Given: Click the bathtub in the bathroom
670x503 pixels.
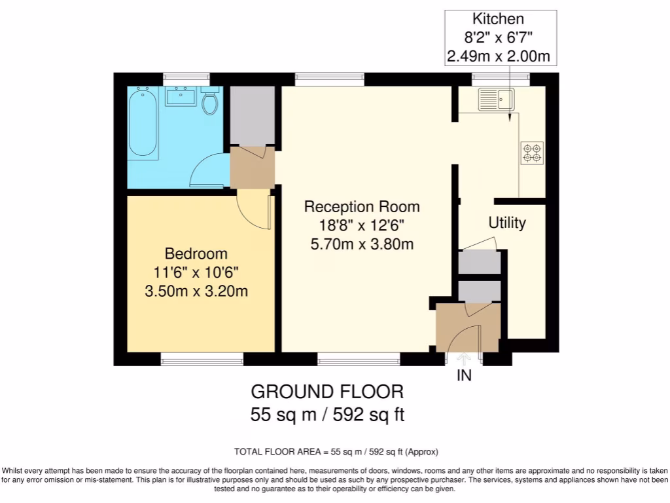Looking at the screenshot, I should pyautogui.click(x=142, y=124).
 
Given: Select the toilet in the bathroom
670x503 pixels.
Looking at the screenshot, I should pyautogui.click(x=209, y=103).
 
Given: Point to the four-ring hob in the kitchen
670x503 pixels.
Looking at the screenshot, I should pyautogui.click(x=531, y=153).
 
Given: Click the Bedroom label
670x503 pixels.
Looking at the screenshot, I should pyautogui.click(x=196, y=253).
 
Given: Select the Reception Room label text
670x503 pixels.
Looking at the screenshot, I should pyautogui.click(x=362, y=207).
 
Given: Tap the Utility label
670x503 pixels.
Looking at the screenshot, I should pyautogui.click(x=507, y=223).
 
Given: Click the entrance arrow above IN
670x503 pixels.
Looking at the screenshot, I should pyautogui.click(x=465, y=359).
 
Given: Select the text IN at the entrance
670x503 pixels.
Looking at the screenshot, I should pyautogui.click(x=465, y=376).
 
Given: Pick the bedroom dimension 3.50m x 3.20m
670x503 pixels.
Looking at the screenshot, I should pyautogui.click(x=196, y=291).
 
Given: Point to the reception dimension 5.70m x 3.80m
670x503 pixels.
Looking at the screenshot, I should pyautogui.click(x=362, y=245).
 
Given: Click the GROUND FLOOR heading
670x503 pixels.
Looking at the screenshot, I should pyautogui.click(x=327, y=392).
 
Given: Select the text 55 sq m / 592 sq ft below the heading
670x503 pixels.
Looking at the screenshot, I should pyautogui.click(x=327, y=415).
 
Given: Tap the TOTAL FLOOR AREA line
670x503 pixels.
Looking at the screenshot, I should pyautogui.click(x=336, y=452).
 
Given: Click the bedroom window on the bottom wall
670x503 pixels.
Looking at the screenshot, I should pyautogui.click(x=202, y=358).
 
